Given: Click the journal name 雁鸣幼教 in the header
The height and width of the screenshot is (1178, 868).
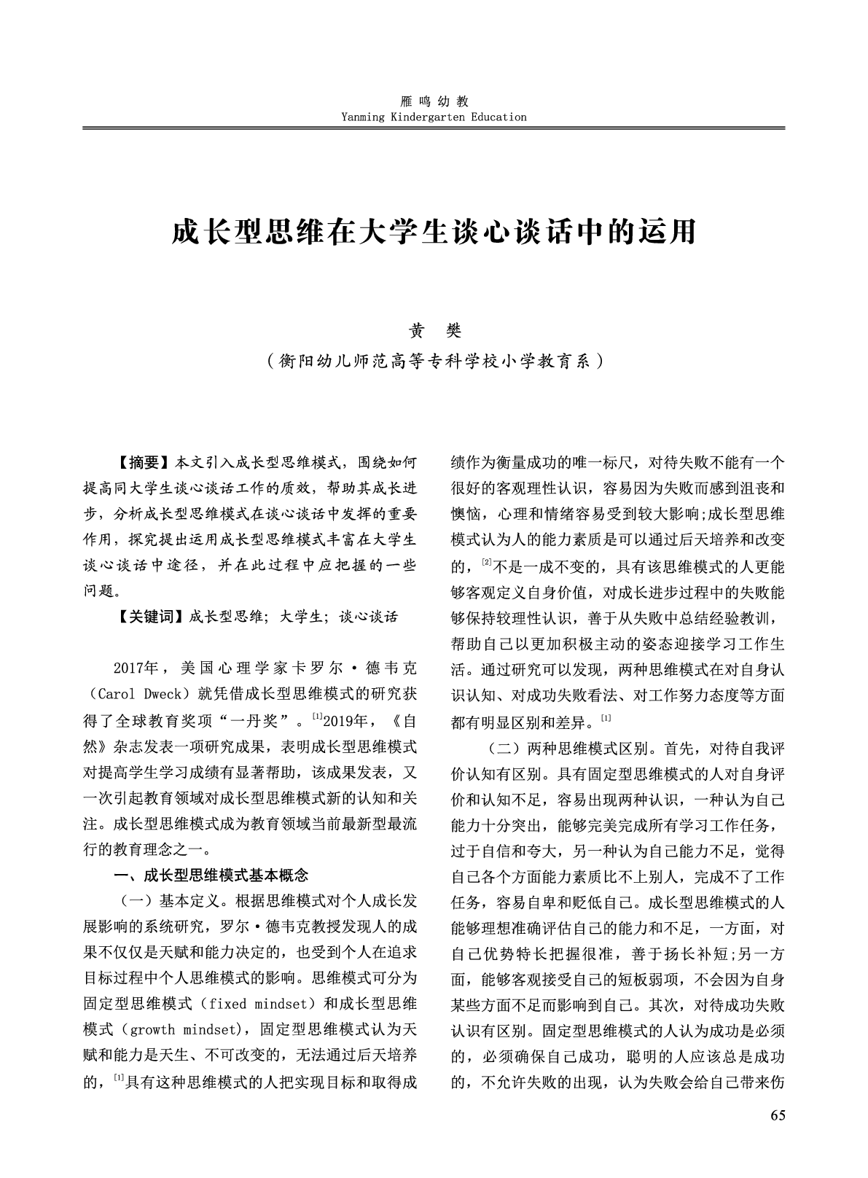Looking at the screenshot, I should point(434,102).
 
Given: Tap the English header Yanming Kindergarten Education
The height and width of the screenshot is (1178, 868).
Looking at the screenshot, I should point(434,117).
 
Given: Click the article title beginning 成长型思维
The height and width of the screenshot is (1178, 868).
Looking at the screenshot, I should point(434,232).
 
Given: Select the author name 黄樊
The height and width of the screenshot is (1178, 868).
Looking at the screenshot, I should point(434,331).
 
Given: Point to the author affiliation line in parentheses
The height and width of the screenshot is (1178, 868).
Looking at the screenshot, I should point(434,361).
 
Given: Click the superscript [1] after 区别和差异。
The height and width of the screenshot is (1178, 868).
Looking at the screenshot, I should point(606,719).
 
